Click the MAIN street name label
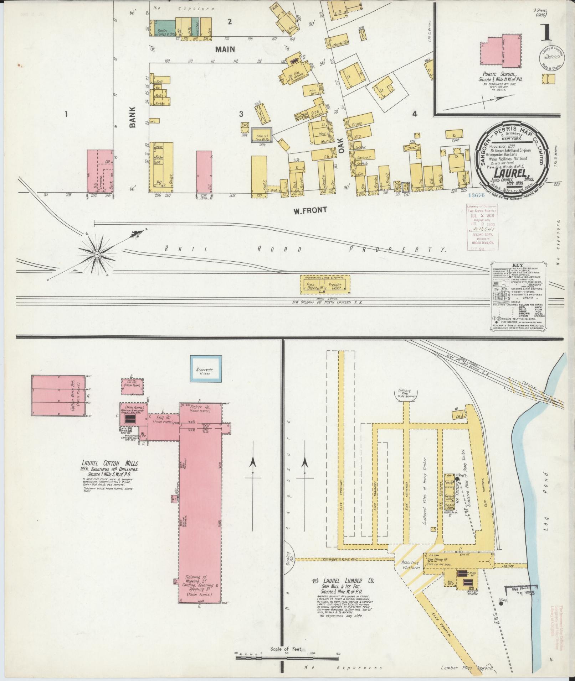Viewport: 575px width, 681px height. pos(225,49)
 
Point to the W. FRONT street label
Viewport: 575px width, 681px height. pos(309,210)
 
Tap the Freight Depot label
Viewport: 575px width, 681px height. pos(335,286)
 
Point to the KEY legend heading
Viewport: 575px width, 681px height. pos(517,266)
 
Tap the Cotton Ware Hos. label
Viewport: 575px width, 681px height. pos(75,395)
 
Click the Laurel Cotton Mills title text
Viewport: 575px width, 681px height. pos(110,464)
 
